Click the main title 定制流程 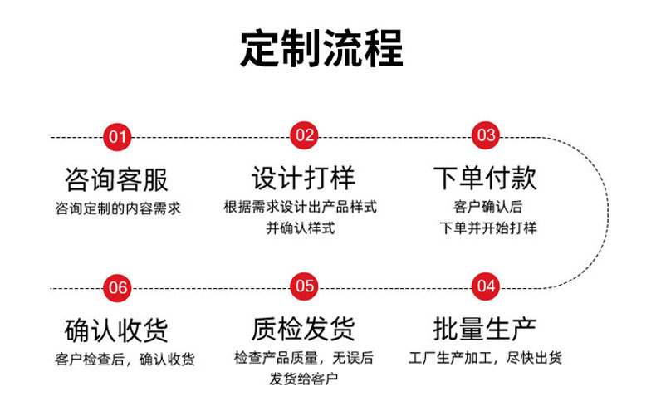coord(322,49)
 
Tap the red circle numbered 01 coord(118,136)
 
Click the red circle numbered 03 coord(486,136)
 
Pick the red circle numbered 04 coord(486,287)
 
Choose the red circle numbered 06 coord(118,287)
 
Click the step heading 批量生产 coord(485,330)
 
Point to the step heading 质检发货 coord(303,330)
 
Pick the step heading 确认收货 coord(116,330)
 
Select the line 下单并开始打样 coord(487,228)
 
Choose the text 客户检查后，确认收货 coord(125,360)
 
